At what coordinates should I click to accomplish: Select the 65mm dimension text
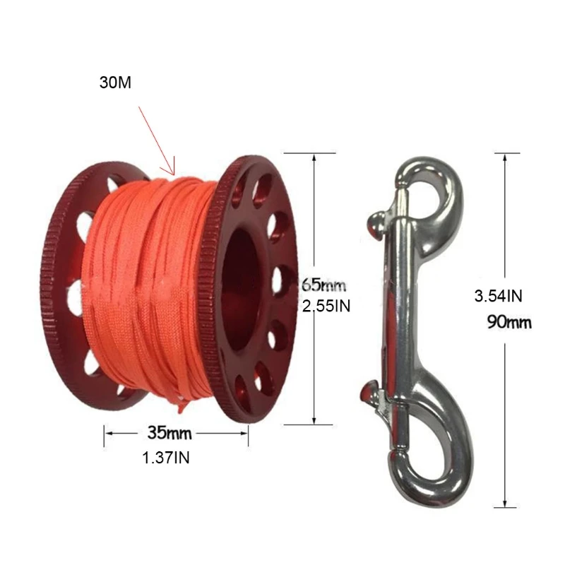click(x=324, y=286)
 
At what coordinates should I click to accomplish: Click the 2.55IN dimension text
click(x=326, y=306)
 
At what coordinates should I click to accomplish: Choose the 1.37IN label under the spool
click(x=166, y=458)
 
